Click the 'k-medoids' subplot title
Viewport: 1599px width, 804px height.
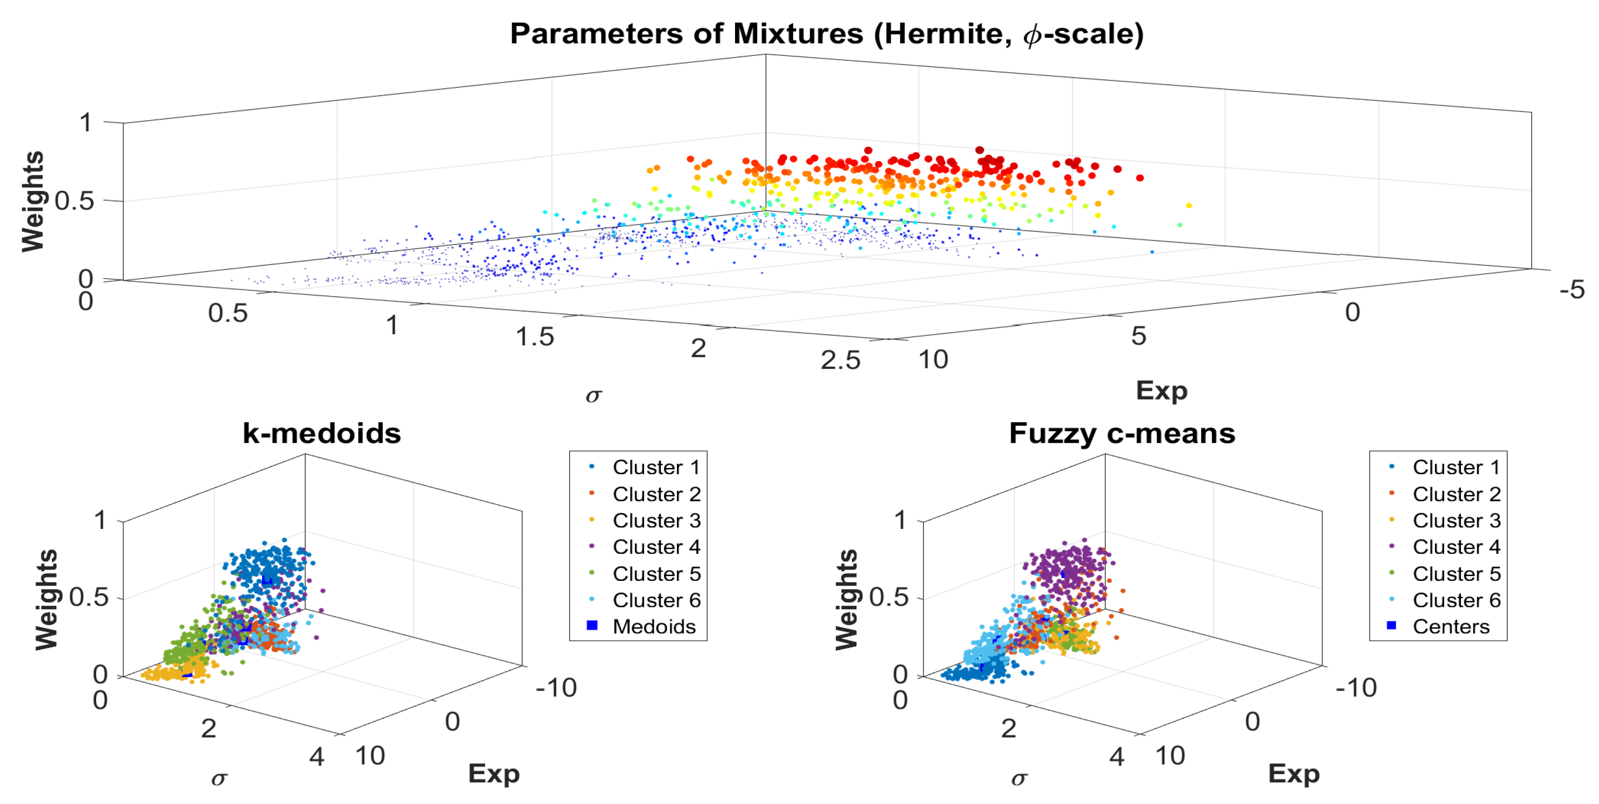pyautogui.click(x=322, y=433)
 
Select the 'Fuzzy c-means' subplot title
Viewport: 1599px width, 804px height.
pyautogui.click(x=1122, y=433)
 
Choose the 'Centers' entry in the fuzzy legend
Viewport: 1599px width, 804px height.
pyautogui.click(x=1450, y=627)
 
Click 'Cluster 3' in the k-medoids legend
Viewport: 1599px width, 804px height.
pyautogui.click(x=656, y=520)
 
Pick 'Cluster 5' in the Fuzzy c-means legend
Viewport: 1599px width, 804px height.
pyautogui.click(x=1456, y=574)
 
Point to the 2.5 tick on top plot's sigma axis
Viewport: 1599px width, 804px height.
pyautogui.click(x=840, y=361)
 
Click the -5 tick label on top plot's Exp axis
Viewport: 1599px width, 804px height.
pyautogui.click(x=1572, y=290)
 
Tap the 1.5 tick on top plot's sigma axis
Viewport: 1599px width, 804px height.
pyautogui.click(x=535, y=337)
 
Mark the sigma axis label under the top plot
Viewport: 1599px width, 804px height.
pyautogui.click(x=593, y=395)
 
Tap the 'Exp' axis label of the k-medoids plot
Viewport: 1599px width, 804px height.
pyautogui.click(x=493, y=774)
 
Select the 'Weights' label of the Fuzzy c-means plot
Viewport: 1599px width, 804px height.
pyautogui.click(x=847, y=600)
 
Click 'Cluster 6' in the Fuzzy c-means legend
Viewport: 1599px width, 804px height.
pyautogui.click(x=1456, y=601)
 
